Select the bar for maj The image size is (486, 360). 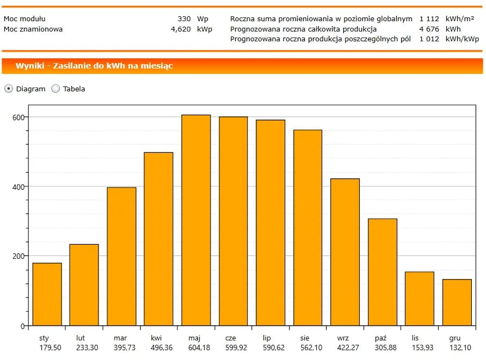pos(196,220)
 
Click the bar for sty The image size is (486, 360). pos(47,294)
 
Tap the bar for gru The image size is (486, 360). pos(457,302)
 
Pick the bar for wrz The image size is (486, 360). pos(345,252)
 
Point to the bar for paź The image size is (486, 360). pos(383,272)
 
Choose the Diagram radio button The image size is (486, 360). pos(9,89)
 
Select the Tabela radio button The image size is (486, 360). pos(56,89)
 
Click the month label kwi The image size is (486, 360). pos(157,338)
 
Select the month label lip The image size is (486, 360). pos(267,338)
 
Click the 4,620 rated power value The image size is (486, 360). pos(181,29)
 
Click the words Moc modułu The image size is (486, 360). pos(24,18)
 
